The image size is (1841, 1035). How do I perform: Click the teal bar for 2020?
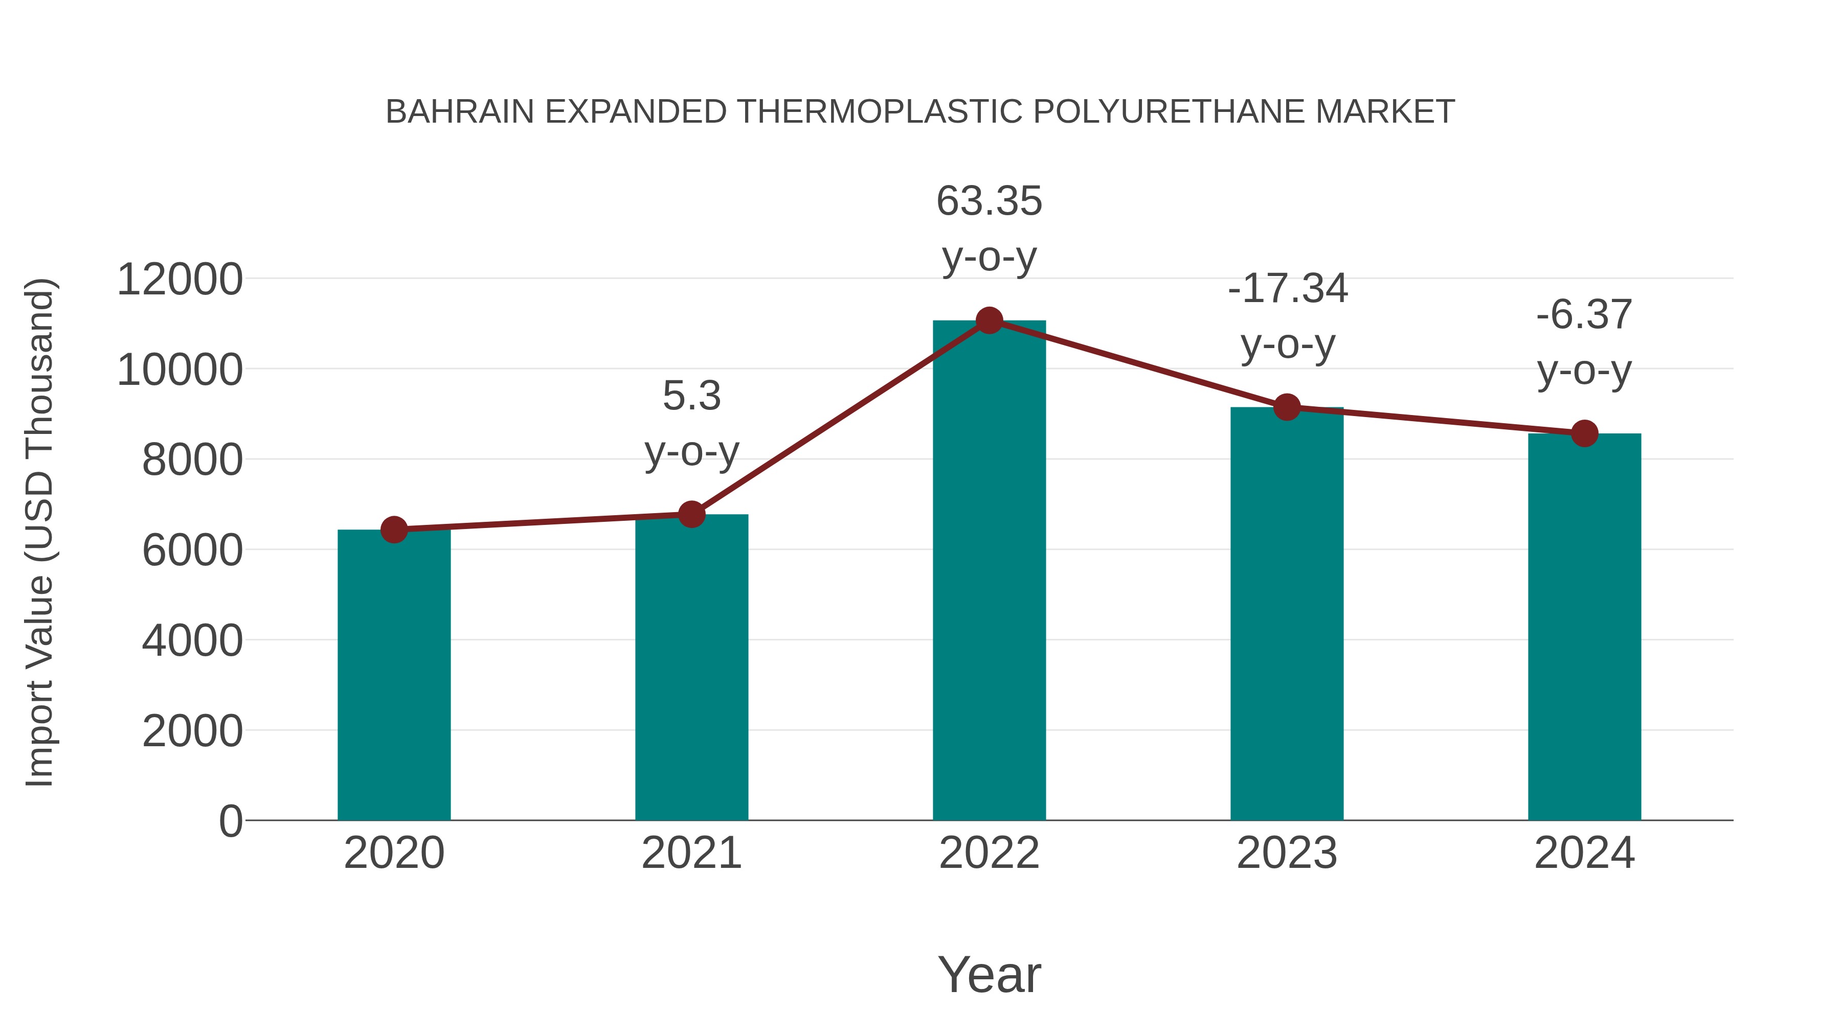click(x=394, y=675)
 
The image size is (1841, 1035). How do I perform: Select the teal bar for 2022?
click(x=989, y=571)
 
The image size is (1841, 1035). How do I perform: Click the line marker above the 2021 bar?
click(x=691, y=514)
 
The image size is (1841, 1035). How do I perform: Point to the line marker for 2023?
click(x=1287, y=407)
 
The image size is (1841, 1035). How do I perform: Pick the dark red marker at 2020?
click(x=394, y=530)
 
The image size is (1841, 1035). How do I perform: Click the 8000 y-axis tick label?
click(x=192, y=460)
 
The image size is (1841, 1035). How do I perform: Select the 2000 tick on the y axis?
click(x=192, y=731)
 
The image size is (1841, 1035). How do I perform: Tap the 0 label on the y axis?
click(x=230, y=821)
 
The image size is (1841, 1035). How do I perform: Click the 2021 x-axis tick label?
click(x=691, y=853)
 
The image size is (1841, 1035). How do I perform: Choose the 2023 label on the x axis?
click(x=1287, y=853)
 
